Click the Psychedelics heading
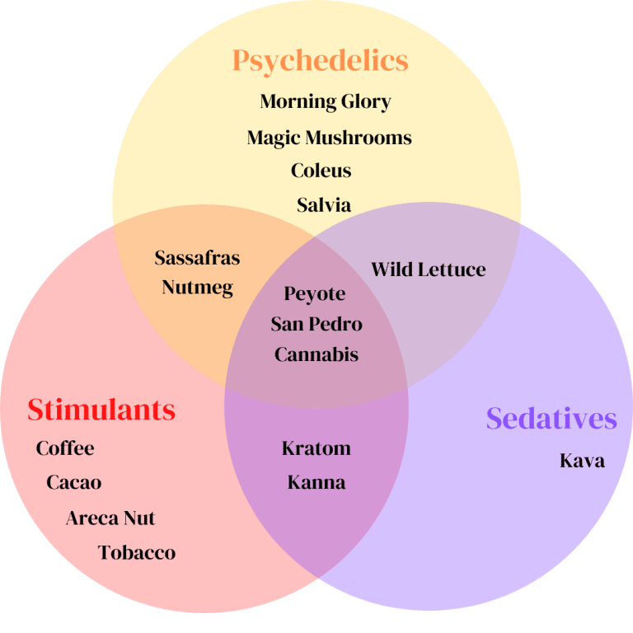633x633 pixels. click(320, 60)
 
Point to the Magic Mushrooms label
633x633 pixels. click(329, 138)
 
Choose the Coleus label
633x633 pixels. click(321, 171)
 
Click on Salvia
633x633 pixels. click(324, 204)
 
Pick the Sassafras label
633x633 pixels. click(197, 258)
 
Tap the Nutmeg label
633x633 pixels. click(197, 288)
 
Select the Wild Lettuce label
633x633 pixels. click(428, 270)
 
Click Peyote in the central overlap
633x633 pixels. click(314, 294)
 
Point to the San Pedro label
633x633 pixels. click(316, 324)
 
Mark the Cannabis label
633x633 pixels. click(316, 354)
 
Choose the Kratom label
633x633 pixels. click(316, 448)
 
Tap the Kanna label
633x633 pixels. click(316, 482)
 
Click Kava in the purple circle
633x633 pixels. click(582, 460)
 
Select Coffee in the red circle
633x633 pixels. click(65, 448)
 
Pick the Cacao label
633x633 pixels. click(74, 482)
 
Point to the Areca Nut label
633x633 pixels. click(110, 518)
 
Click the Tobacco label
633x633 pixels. click(137, 552)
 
